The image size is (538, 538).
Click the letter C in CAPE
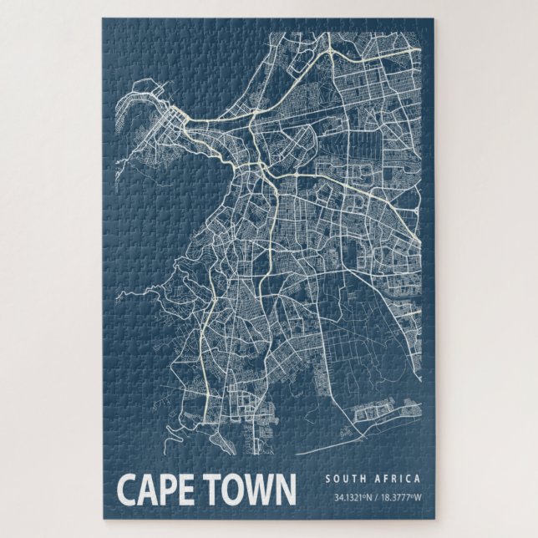click(126, 490)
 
